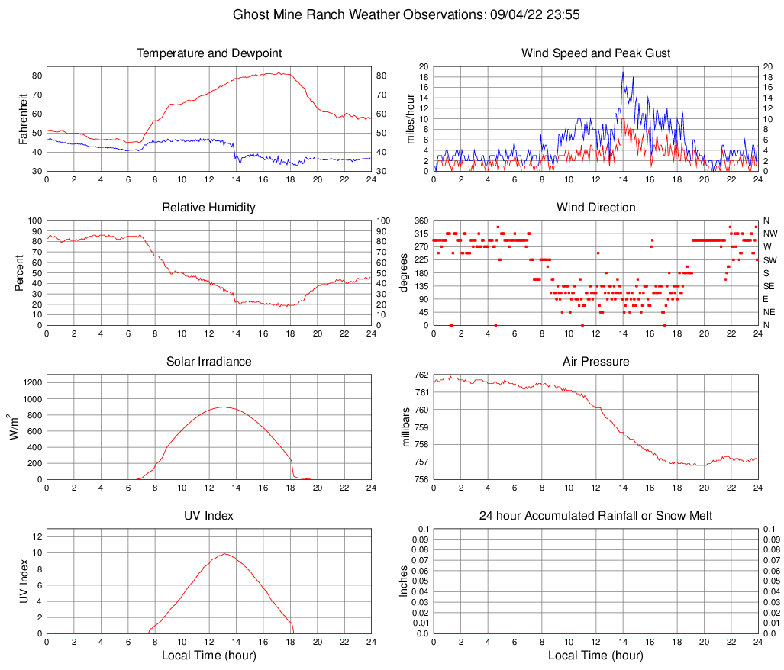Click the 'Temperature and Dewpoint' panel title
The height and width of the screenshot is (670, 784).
pyautogui.click(x=209, y=53)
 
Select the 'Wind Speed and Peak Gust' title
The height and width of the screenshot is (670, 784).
pyautogui.click(x=596, y=53)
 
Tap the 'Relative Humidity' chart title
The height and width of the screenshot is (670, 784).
pyautogui.click(x=209, y=208)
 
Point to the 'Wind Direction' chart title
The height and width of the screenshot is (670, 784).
pyautogui.click(x=596, y=208)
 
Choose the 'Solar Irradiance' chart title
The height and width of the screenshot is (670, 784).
pyautogui.click(x=209, y=362)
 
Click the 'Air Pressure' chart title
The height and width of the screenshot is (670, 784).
pyautogui.click(x=596, y=362)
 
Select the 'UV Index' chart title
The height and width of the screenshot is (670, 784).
pyautogui.click(x=209, y=516)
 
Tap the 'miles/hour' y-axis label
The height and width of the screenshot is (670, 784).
pyautogui.click(x=411, y=119)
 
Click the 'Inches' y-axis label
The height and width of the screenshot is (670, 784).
pyautogui.click(x=405, y=581)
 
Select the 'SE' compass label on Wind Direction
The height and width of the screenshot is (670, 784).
pyautogui.click(x=769, y=286)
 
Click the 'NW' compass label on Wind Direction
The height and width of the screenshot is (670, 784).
pyautogui.click(x=770, y=234)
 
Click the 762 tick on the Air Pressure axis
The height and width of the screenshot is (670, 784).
pyautogui.click(x=421, y=375)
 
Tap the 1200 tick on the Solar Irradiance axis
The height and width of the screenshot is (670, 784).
pyautogui.click(x=31, y=378)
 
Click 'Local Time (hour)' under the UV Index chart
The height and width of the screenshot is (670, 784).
pyautogui.click(x=209, y=656)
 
